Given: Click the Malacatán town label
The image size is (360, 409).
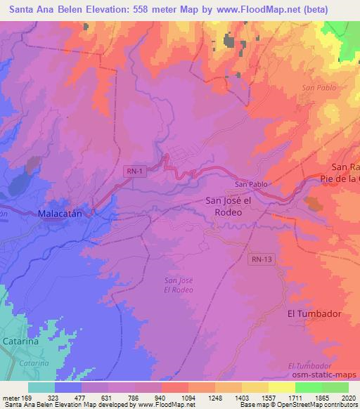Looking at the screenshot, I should click(x=61, y=212).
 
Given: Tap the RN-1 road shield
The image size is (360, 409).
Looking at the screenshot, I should click(x=136, y=170).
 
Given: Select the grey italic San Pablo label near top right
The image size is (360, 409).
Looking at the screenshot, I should click(x=319, y=88).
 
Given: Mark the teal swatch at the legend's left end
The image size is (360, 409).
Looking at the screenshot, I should click(x=41, y=387).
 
